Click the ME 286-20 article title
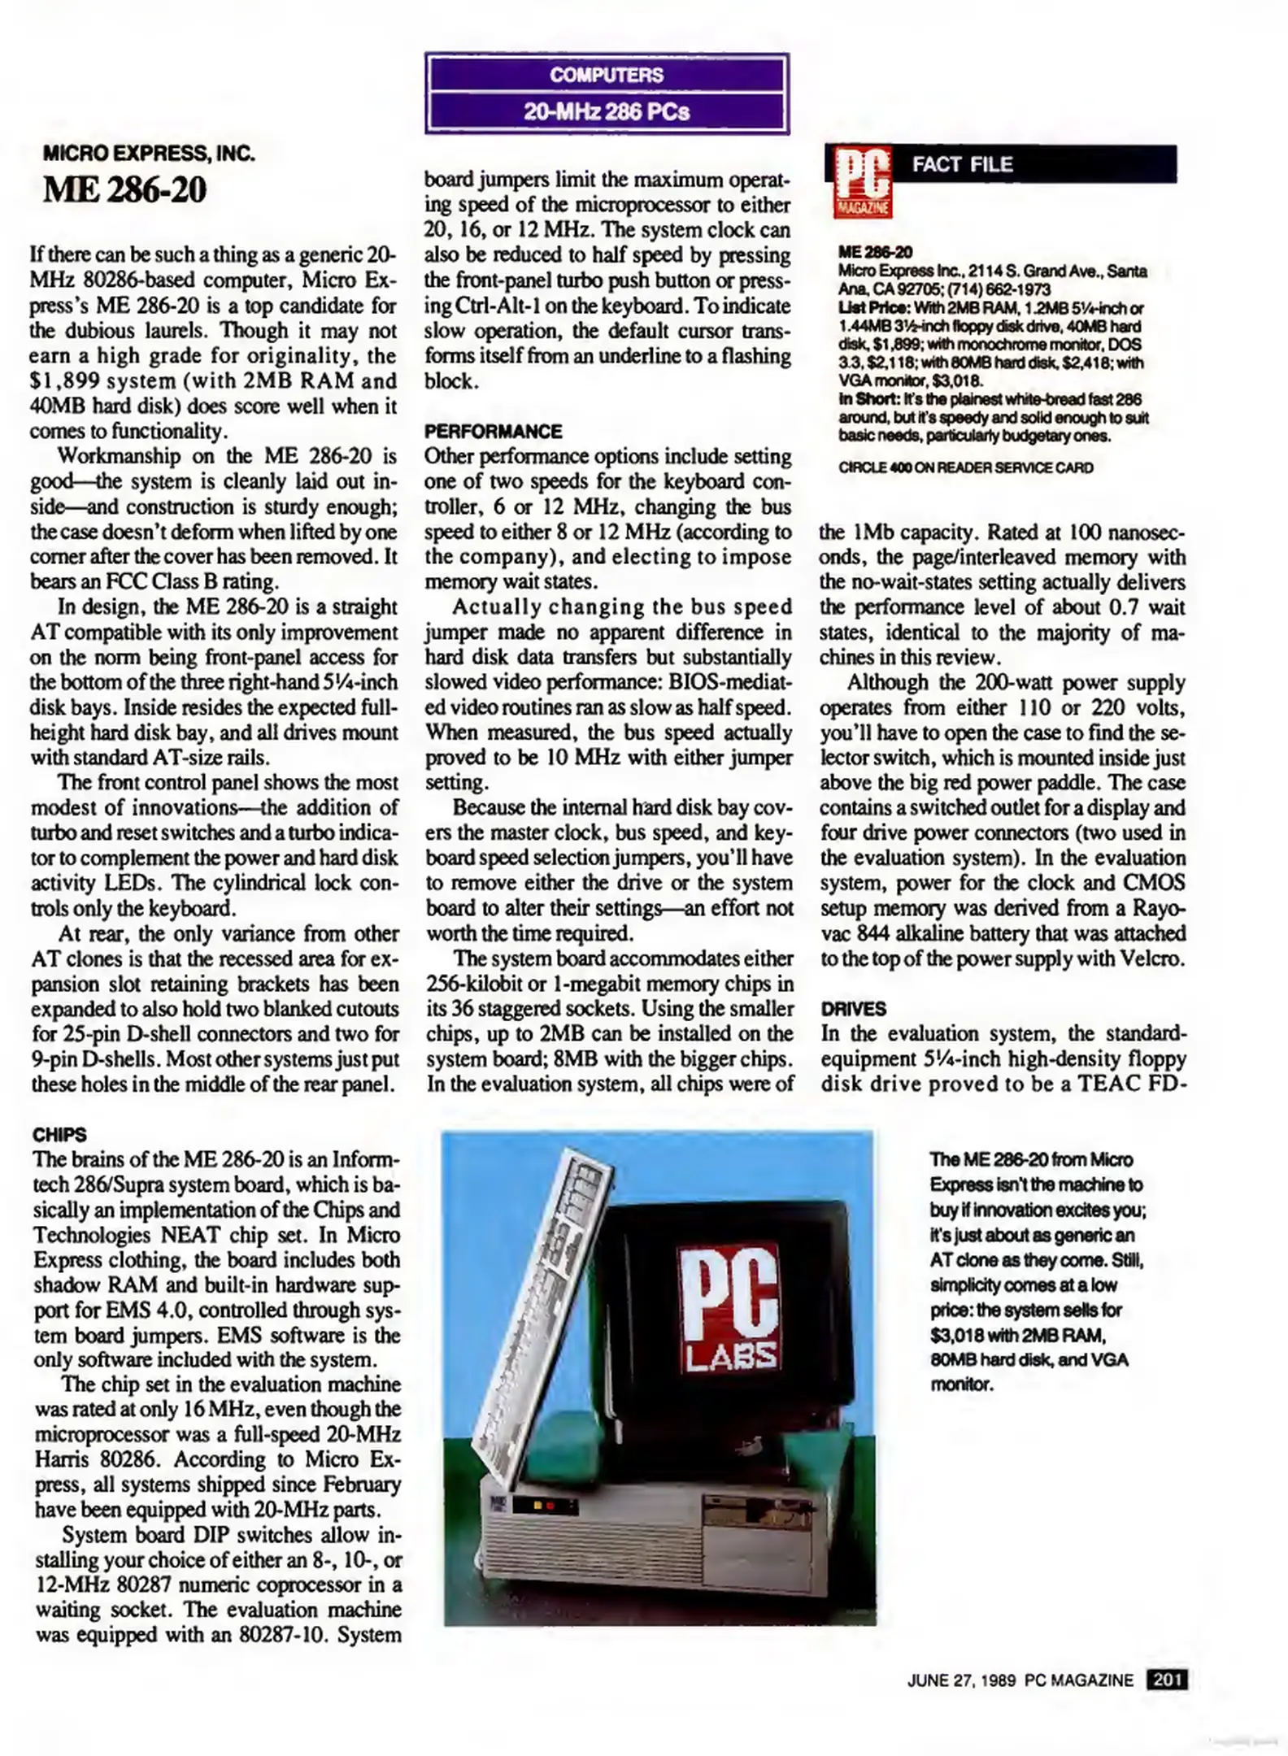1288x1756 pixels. click(x=124, y=190)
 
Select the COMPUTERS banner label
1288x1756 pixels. click(x=606, y=76)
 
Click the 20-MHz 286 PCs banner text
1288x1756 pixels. click(x=606, y=111)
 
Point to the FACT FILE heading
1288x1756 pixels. click(x=962, y=165)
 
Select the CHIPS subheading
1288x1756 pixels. click(x=59, y=1134)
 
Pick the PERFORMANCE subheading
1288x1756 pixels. click(x=493, y=432)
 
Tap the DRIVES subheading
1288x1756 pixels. click(x=853, y=1009)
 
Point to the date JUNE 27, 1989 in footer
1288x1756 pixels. click(x=961, y=1680)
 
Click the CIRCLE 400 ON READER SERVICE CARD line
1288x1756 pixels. click(x=966, y=467)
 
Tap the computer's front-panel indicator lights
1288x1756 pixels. click(x=543, y=1507)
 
